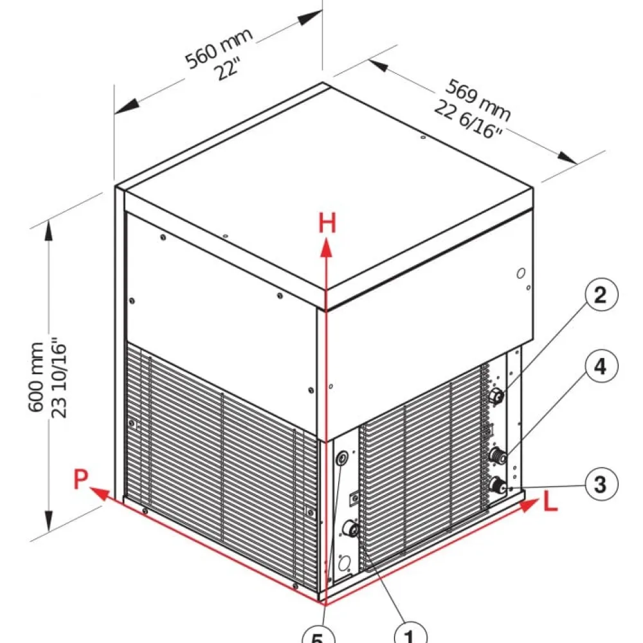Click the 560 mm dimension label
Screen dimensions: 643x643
219,48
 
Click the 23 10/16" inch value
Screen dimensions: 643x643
59,377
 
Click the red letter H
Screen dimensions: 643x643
327,223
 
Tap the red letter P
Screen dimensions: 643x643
81,479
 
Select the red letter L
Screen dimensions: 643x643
551,501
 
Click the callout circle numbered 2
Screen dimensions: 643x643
600,295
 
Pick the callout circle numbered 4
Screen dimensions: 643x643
601,366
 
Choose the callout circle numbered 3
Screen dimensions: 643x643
601,485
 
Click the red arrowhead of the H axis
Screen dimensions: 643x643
326,248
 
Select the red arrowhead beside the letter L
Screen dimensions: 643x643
529,504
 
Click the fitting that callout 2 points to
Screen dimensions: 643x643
496,396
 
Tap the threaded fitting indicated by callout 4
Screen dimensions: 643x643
498,455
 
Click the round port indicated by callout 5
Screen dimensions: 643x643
342,458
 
